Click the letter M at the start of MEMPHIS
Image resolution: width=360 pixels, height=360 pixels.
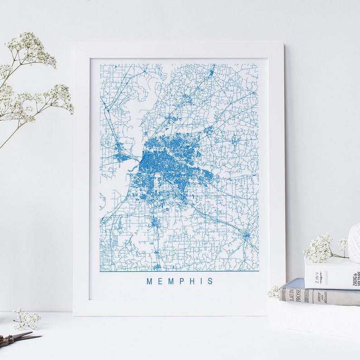click(149, 281)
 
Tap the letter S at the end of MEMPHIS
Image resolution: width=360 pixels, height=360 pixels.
click(210, 281)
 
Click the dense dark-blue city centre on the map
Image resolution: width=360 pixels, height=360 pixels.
click(156, 163)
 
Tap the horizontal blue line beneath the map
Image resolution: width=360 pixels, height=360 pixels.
click(179, 271)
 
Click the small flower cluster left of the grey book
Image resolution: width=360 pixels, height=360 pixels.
click(274, 292)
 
